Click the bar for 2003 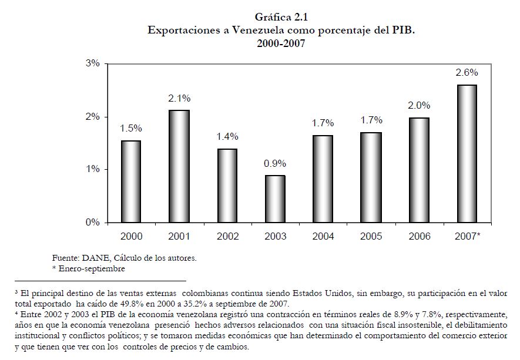(x=276, y=198)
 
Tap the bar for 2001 (x=180, y=166)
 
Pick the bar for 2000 (x=132, y=181)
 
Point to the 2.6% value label (x=467, y=73)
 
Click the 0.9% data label (x=276, y=163)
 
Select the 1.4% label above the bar (x=227, y=137)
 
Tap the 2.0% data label (x=419, y=106)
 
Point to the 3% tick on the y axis (x=92, y=63)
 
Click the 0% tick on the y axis (x=92, y=223)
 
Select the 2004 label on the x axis (x=323, y=236)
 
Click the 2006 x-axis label (x=419, y=236)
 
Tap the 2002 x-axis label (x=227, y=236)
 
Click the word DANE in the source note (x=90, y=257)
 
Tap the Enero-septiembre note (x=92, y=268)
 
